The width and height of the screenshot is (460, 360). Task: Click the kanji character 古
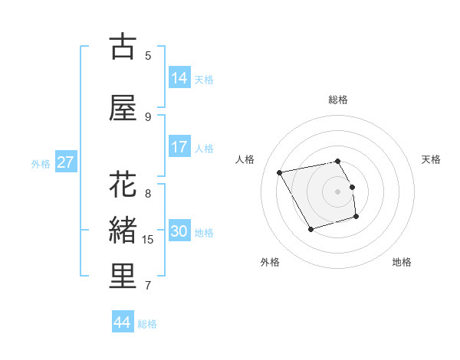[x=123, y=47]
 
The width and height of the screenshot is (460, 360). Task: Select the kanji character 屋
[x=123, y=109]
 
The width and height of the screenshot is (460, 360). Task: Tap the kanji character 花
[x=123, y=185]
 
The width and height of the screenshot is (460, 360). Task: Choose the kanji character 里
[x=123, y=277]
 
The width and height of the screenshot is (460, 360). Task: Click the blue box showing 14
[x=179, y=78]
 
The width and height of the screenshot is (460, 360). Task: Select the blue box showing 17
[x=179, y=147]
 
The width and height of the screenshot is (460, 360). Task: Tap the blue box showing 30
[x=179, y=231]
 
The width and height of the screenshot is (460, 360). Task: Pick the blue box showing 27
[x=65, y=162]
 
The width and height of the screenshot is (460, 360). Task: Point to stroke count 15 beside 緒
[x=148, y=240]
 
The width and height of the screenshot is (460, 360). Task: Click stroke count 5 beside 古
[x=148, y=56]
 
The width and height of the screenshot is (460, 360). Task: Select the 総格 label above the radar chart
[x=338, y=100]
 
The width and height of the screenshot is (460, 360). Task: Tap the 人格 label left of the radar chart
[x=245, y=159]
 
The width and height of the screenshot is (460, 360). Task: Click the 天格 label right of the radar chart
[x=432, y=159]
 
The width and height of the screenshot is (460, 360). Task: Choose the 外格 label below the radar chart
[x=270, y=262]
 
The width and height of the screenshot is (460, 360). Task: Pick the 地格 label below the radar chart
[x=402, y=262]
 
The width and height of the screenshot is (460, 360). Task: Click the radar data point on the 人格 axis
[x=280, y=172]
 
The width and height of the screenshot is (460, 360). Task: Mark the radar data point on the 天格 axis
[x=352, y=186]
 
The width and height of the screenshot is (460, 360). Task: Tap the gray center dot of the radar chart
[x=338, y=191]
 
